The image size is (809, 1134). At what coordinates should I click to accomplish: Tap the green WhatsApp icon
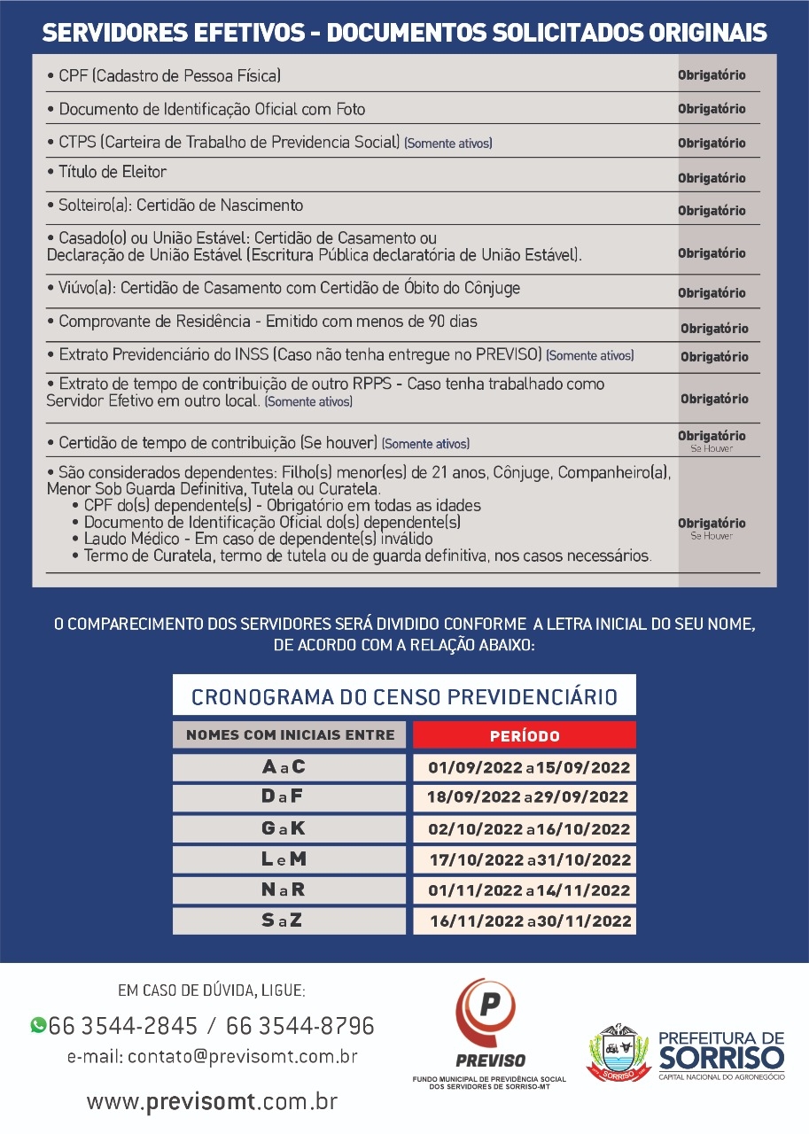pyautogui.click(x=38, y=1025)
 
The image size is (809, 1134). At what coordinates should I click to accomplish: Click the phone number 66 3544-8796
pyautogui.click(x=300, y=1026)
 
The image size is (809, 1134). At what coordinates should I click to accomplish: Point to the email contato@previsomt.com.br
pyautogui.click(x=213, y=1056)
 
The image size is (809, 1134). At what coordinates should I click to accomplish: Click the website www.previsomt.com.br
pyautogui.click(x=213, y=1102)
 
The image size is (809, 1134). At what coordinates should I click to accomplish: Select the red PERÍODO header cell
pyautogui.click(x=525, y=735)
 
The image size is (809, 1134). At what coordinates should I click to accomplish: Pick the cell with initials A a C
pyautogui.click(x=289, y=767)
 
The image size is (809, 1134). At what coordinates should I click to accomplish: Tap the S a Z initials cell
pyautogui.click(x=289, y=920)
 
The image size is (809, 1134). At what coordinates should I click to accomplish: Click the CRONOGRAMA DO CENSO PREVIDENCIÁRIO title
pyautogui.click(x=404, y=696)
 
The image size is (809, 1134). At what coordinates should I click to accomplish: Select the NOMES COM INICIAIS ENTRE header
pyautogui.click(x=290, y=735)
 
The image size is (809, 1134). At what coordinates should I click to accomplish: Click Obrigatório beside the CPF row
pyautogui.click(x=712, y=75)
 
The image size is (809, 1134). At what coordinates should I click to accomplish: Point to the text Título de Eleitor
pyautogui.click(x=112, y=172)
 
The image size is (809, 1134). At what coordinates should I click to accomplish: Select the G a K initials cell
pyautogui.click(x=289, y=829)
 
